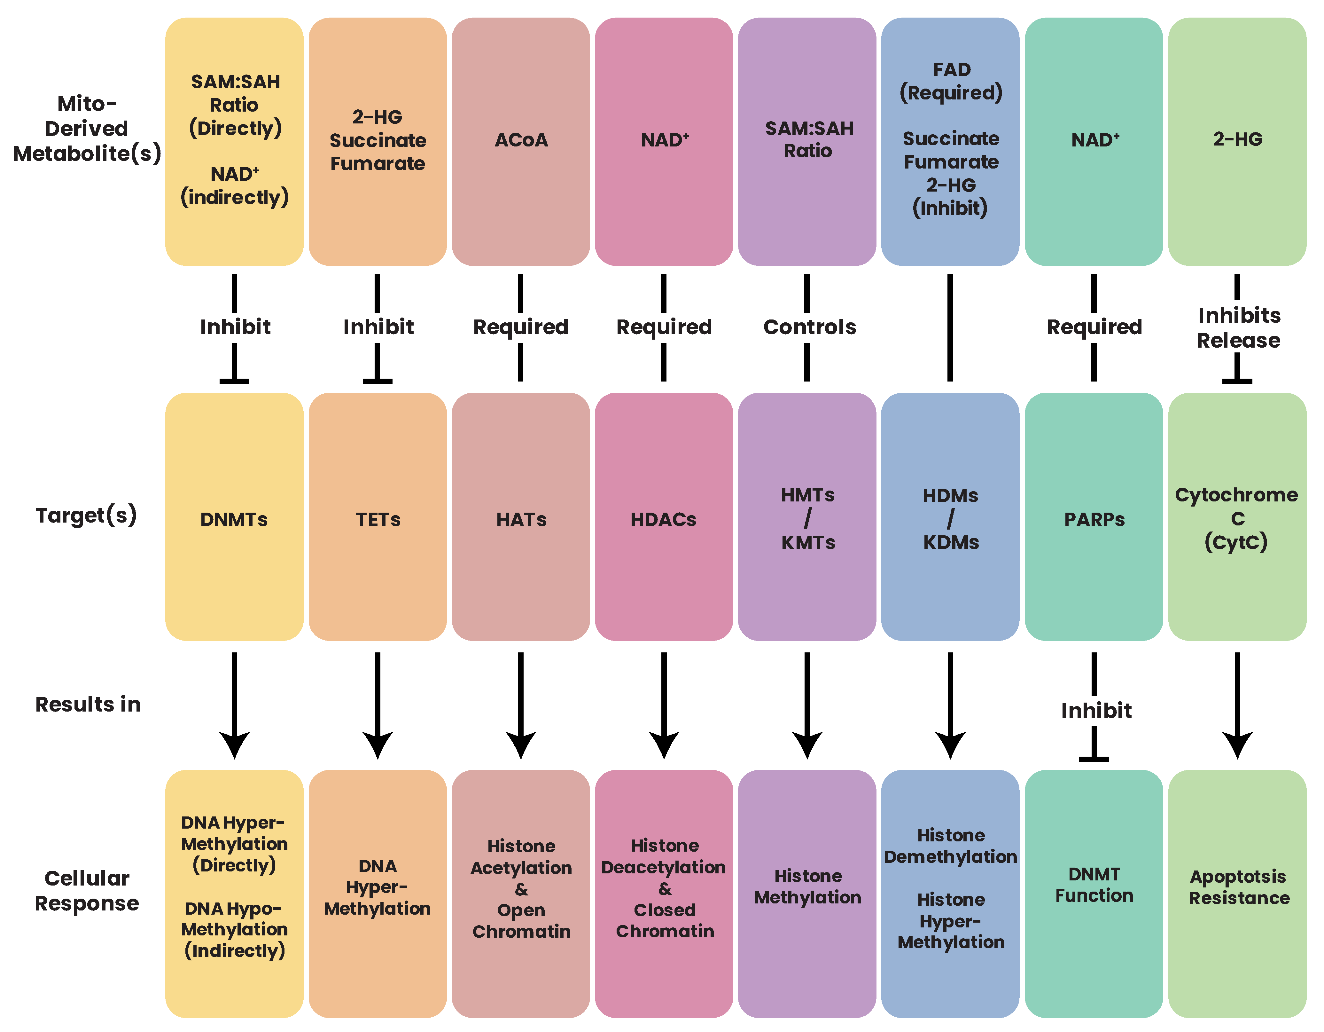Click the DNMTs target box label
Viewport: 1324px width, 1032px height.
234,520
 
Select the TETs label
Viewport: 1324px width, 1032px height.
378,520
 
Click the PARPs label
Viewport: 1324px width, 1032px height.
1094,520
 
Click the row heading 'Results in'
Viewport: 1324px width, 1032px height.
88,704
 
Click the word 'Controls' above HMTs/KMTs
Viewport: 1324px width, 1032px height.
809,327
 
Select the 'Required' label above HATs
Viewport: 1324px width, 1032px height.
521,327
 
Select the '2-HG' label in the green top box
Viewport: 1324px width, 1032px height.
1237,139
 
